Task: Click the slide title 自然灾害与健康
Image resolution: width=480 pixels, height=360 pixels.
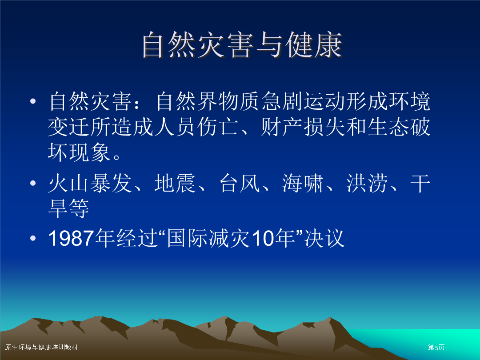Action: click(x=242, y=45)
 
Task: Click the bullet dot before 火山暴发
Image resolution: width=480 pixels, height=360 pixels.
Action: click(x=33, y=183)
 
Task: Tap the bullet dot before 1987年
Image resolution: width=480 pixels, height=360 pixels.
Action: click(x=33, y=238)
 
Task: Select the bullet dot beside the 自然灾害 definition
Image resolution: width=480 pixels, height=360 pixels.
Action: click(x=33, y=101)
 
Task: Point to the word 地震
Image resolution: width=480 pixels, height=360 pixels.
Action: click(x=175, y=183)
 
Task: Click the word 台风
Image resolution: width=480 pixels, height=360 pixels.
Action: click(x=240, y=183)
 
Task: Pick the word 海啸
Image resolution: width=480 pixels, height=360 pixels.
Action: click(x=303, y=183)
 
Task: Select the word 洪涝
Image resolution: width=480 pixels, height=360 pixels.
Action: click(x=367, y=183)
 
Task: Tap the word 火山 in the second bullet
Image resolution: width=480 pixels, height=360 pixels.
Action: click(x=68, y=183)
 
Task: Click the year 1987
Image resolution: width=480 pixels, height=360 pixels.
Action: click(x=71, y=238)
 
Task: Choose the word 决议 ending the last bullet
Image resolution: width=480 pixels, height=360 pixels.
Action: click(x=324, y=238)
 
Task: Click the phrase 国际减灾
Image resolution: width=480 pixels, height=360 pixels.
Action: click(x=208, y=238)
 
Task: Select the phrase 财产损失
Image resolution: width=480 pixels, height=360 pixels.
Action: click(x=303, y=127)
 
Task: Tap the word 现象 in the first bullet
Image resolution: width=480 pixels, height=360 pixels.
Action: click(x=89, y=152)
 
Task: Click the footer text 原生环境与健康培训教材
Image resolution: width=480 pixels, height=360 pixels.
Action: click(x=42, y=347)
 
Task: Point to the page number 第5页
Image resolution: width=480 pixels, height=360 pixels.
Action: click(x=436, y=347)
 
